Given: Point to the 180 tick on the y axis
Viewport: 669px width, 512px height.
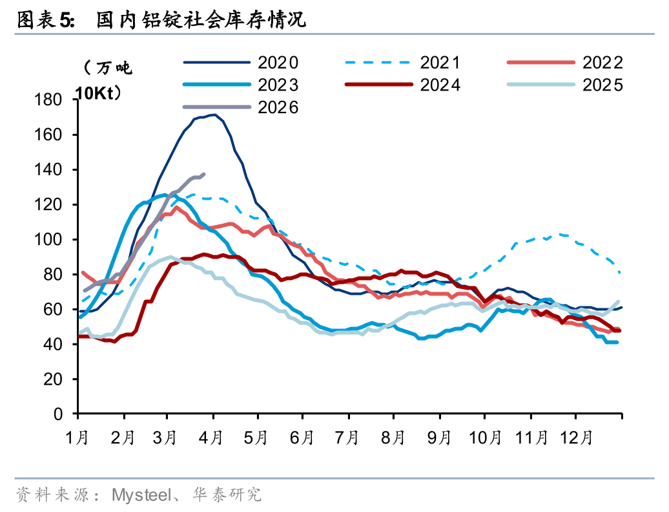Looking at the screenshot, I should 51,100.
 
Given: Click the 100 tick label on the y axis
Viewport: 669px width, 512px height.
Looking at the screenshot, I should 51,240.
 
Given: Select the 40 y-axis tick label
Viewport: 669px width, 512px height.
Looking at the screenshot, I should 54,345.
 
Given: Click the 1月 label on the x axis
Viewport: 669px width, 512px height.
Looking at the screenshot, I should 77,438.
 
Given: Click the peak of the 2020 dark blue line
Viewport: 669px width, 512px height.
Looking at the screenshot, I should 214,115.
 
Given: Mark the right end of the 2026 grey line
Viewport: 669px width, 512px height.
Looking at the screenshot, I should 204,174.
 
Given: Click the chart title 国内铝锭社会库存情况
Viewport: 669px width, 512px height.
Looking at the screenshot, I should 201,21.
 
